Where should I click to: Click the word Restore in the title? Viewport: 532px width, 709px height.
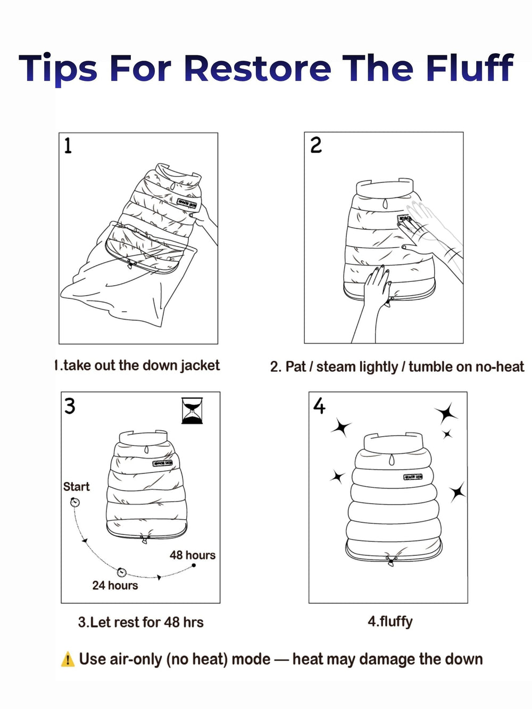point(257,69)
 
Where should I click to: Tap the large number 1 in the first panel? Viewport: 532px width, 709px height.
point(68,146)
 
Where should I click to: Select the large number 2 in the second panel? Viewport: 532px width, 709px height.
point(316,145)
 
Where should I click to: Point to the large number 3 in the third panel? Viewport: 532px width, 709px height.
point(70,406)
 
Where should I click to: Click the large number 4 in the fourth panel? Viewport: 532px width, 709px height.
point(319,406)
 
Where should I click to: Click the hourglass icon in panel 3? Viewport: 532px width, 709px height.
point(192,411)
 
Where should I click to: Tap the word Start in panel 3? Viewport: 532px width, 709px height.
point(77,487)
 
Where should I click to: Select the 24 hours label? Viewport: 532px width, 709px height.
point(115,586)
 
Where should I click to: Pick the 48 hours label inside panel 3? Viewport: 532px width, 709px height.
point(193,555)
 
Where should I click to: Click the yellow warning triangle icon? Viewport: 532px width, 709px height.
point(68,660)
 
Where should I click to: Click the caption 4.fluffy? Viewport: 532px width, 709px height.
point(390,621)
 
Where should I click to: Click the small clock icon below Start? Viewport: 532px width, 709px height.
point(75,502)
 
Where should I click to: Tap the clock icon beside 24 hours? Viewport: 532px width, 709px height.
point(122,572)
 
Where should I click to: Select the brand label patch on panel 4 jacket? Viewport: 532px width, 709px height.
point(413,477)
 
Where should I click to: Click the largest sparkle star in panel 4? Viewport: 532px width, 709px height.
point(446,413)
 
